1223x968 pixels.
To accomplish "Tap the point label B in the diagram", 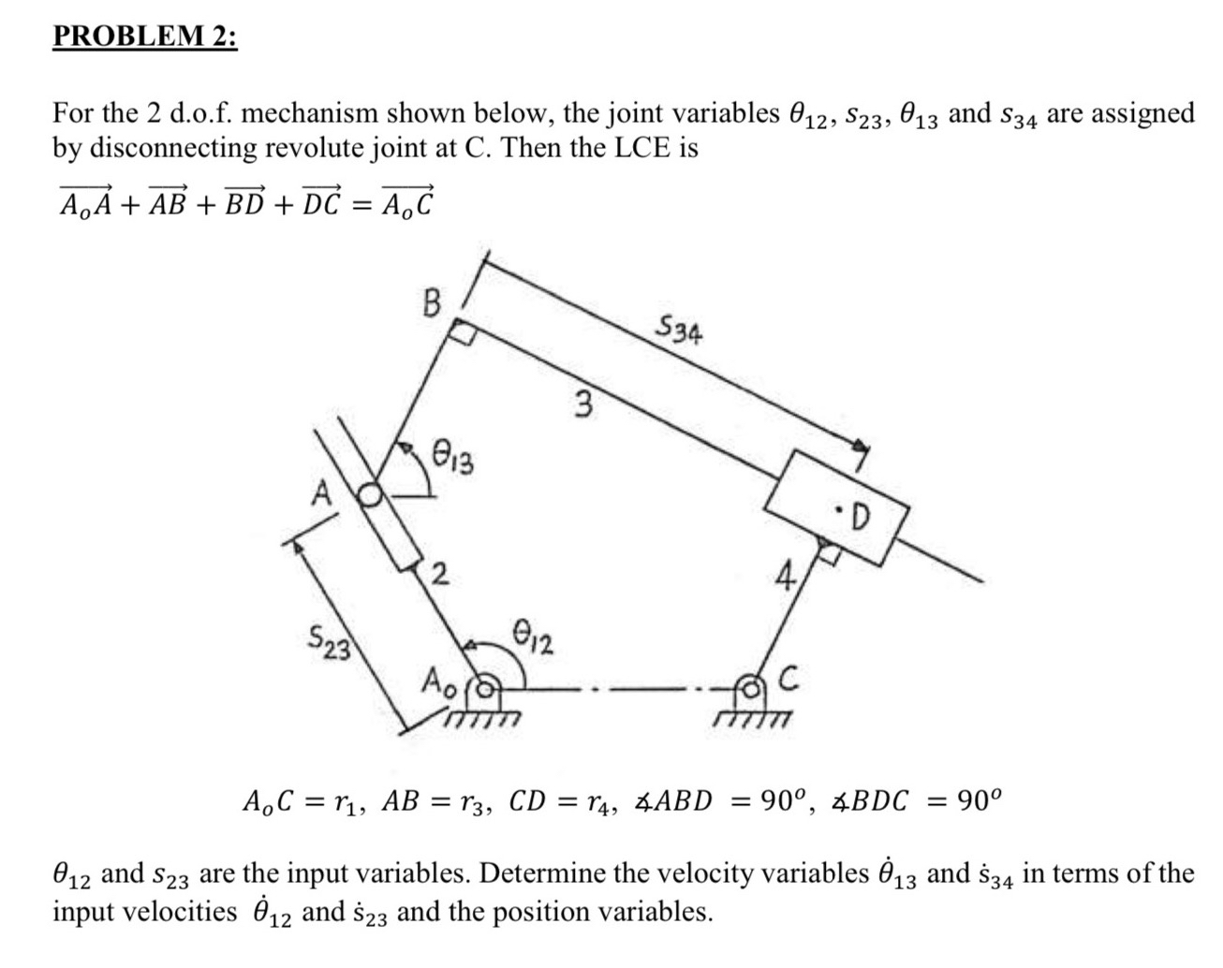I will pos(431,303).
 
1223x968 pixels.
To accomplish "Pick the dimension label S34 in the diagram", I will pos(680,330).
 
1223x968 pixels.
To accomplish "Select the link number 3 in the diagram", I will pos(583,405).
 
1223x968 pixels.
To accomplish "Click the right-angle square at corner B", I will pos(462,330).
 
